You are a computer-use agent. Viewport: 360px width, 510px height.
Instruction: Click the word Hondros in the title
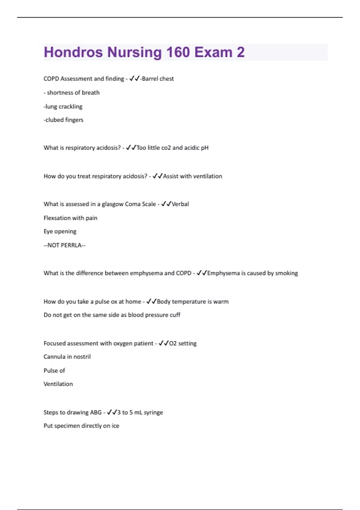pos(73,52)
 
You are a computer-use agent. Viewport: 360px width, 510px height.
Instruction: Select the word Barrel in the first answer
pos(150,79)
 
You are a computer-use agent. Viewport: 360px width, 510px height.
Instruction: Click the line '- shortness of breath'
pos(71,93)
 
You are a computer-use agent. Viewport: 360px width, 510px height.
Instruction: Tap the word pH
pos(205,148)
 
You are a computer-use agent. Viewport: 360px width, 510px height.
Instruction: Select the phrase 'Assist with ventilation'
pos(193,176)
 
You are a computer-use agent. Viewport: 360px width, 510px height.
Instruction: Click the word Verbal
pos(180,204)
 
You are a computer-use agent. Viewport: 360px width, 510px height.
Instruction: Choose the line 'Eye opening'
pos(60,231)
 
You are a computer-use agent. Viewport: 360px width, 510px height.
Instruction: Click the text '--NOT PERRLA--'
pos(64,245)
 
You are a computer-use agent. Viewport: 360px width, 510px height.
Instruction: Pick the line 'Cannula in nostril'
pos(67,357)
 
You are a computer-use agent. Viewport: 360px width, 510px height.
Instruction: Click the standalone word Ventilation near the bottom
pos(58,384)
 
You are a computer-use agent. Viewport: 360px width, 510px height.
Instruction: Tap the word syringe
pos(153,412)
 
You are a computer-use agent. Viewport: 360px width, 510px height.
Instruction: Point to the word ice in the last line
pos(115,426)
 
